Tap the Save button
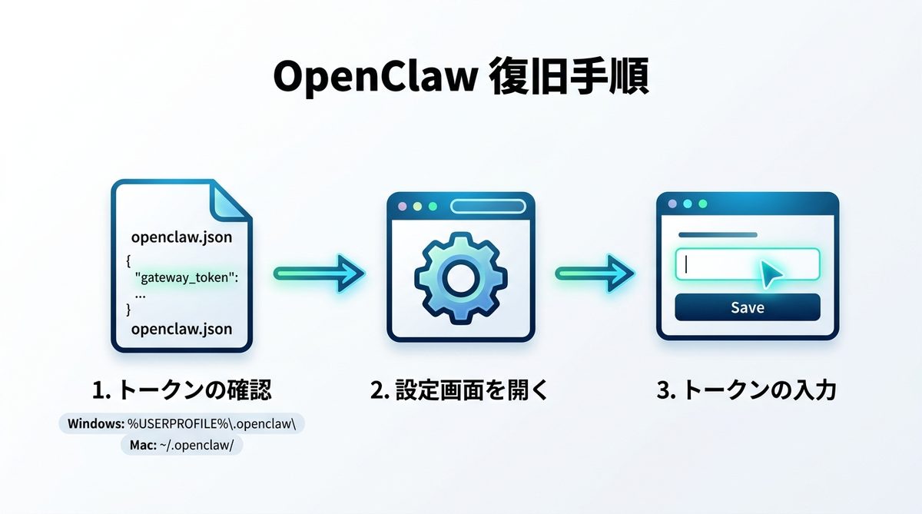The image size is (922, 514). pyautogui.click(x=747, y=307)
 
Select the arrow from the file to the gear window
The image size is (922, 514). pyautogui.click(x=318, y=273)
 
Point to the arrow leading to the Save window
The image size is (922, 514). pyautogui.click(x=595, y=273)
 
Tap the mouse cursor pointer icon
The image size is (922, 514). pyautogui.click(x=771, y=274)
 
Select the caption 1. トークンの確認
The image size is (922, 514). pyautogui.click(x=181, y=390)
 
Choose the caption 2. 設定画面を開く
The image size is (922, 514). pyautogui.click(x=459, y=390)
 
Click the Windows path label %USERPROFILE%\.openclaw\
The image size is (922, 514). pyautogui.click(x=182, y=423)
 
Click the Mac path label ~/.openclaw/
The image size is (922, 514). pyautogui.click(x=181, y=446)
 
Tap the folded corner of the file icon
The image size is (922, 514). pyautogui.click(x=230, y=202)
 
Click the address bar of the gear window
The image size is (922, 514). pyautogui.click(x=487, y=207)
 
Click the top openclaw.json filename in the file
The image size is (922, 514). pyautogui.click(x=181, y=237)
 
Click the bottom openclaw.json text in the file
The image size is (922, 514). pyautogui.click(x=181, y=330)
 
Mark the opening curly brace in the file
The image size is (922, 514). pyautogui.click(x=128, y=260)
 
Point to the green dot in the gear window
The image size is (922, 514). pyautogui.click(x=433, y=207)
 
